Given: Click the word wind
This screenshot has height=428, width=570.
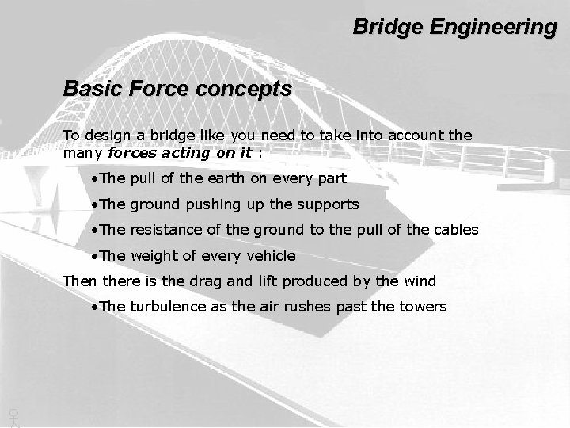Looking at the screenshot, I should pyautogui.click(x=420, y=281).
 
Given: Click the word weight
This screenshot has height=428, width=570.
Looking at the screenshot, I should pyautogui.click(x=154, y=255).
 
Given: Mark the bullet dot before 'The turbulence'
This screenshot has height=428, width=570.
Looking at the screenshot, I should pyautogui.click(x=93, y=307).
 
